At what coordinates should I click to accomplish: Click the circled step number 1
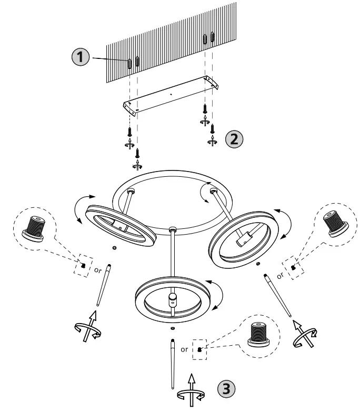(81, 58)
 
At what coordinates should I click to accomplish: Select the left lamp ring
(122, 224)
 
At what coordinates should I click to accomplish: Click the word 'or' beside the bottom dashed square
(185, 349)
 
